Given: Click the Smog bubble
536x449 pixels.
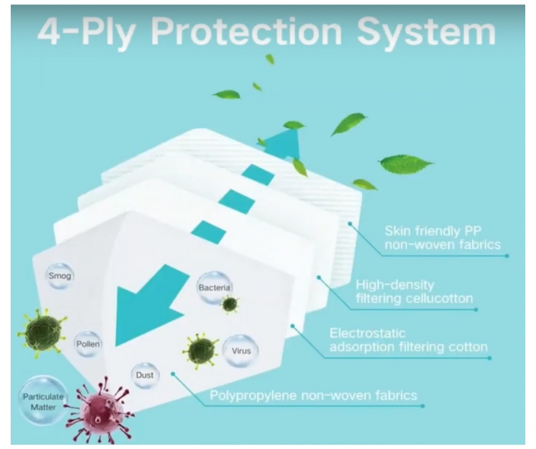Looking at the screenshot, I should click(59, 276).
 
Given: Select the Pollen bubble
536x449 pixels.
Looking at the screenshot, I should click(87, 343).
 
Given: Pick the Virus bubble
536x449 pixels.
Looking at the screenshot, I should click(241, 351).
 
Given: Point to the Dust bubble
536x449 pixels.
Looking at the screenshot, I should click(145, 375).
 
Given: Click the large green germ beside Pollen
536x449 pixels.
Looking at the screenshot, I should click(42, 332).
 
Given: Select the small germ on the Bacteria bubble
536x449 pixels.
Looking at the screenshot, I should click(230, 304).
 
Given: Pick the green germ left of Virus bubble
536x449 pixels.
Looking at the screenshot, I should click(201, 350).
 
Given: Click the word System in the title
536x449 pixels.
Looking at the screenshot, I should click(426, 32).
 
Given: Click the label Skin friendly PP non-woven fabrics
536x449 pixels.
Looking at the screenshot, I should click(442, 238).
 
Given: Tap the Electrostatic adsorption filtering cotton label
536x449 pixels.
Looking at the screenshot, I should click(408, 340).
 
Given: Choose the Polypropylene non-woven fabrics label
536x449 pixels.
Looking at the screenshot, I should click(313, 396).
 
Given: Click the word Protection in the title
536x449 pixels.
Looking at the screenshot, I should click(246, 32).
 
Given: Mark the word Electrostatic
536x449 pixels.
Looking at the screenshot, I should click(367, 333).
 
